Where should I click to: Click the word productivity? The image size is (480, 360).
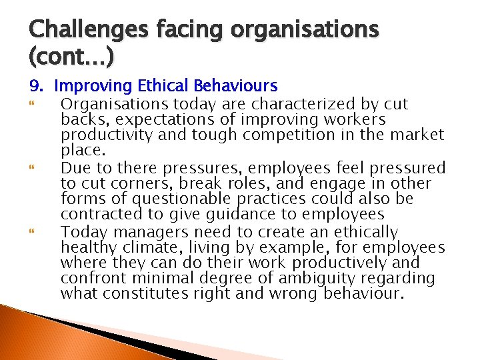pyautogui.click(x=101, y=135)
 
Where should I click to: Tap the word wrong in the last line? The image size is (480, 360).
pyautogui.click(x=291, y=294)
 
